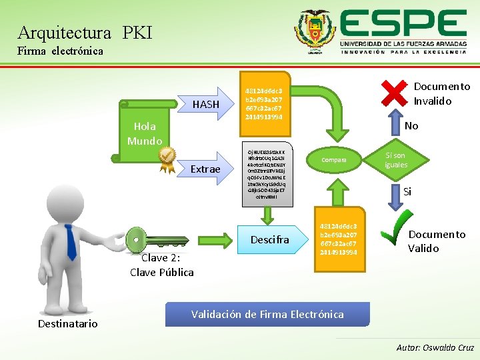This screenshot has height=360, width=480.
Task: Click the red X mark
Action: (394, 93)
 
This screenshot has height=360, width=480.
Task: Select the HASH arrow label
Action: (205, 104)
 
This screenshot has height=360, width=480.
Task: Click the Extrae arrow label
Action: (205, 169)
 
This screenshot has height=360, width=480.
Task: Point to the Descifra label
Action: (269, 239)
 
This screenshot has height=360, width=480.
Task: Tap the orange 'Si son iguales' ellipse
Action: (395, 160)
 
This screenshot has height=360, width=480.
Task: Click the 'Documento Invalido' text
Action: (441, 94)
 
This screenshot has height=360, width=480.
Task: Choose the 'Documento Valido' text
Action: (437, 241)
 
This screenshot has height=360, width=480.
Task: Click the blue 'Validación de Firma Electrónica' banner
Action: (267, 314)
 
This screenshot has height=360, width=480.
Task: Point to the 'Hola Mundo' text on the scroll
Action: (145, 133)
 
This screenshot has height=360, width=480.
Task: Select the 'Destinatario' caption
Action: (67, 324)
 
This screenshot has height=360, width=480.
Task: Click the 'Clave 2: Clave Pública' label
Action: (162, 265)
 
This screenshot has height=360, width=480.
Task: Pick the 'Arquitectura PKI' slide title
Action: (85, 32)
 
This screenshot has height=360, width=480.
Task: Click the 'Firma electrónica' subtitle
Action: (61, 51)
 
